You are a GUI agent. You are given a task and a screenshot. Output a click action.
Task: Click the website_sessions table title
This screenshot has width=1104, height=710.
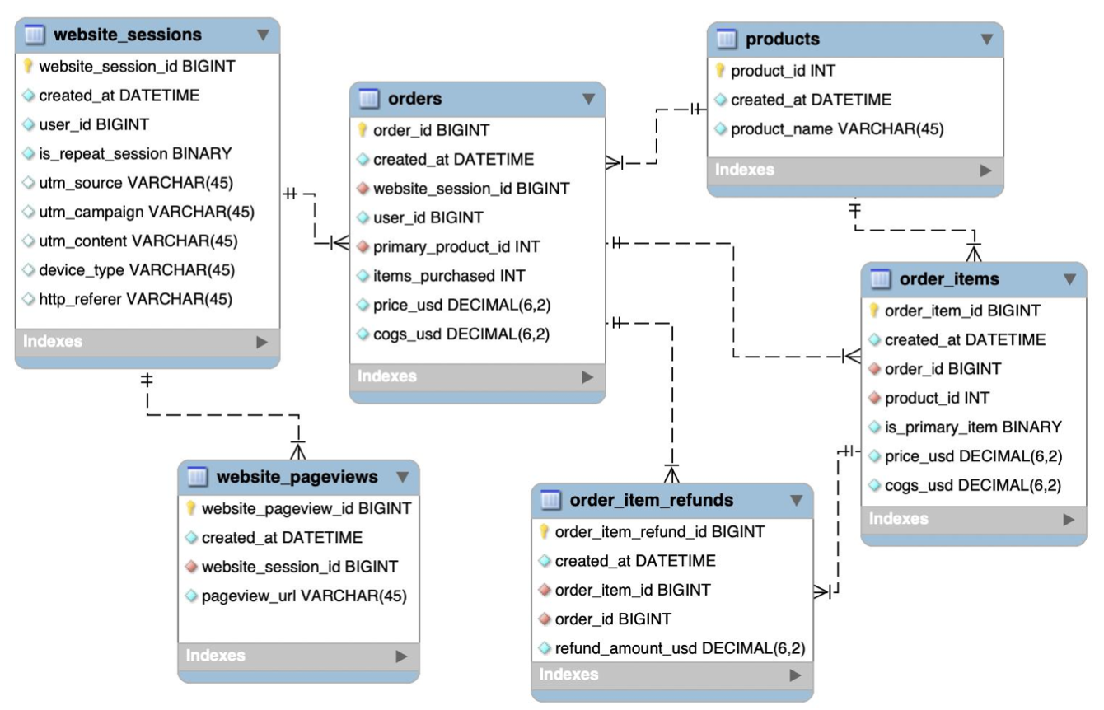coord(127,35)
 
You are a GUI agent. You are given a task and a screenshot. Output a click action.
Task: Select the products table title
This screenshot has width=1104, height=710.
coord(782,39)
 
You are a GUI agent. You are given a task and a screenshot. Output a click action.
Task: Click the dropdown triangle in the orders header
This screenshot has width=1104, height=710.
coord(588,99)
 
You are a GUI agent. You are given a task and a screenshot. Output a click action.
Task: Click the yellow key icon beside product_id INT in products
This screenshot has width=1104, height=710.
coord(720,72)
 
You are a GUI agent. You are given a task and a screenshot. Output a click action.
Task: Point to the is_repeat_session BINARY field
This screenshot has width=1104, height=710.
coord(135,153)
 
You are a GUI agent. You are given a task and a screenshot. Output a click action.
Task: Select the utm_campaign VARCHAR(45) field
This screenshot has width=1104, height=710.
coord(147,212)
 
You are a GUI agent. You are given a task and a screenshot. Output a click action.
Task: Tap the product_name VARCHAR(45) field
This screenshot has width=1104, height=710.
coord(837,128)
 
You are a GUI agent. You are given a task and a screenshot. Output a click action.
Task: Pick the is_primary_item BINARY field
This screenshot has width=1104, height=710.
coord(973,427)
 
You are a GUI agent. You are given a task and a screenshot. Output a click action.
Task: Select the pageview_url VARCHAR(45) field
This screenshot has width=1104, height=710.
coord(304,596)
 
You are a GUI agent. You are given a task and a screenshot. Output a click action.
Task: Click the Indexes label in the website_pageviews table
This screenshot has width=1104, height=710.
coord(216,656)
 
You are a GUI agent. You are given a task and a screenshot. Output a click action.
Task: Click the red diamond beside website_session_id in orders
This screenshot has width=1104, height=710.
coord(363,189)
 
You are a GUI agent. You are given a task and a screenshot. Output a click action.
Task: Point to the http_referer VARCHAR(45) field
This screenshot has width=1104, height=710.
coord(135,299)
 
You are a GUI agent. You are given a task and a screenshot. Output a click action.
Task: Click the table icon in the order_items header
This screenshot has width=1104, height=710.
coord(881,279)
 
